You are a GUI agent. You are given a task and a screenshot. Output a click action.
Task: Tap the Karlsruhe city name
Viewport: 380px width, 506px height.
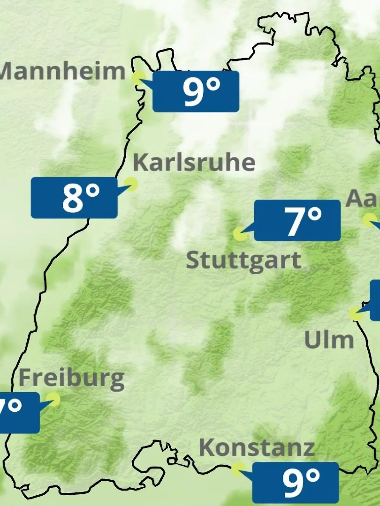194,163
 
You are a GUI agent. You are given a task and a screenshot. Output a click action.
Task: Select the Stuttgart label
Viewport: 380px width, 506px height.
243,261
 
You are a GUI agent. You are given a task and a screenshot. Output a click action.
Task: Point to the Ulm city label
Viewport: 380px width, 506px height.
329,340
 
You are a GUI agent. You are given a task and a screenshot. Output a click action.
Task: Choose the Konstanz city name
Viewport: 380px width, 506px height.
257,448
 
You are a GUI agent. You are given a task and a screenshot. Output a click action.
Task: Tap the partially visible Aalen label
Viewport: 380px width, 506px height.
363,199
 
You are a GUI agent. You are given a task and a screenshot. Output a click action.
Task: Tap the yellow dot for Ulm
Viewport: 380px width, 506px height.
356,313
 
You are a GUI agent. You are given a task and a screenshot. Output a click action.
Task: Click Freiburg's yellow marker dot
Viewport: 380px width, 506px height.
53,399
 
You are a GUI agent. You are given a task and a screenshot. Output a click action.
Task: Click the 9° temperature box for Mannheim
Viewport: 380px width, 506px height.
196,91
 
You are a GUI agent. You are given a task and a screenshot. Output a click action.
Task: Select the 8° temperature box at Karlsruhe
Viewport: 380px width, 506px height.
74,198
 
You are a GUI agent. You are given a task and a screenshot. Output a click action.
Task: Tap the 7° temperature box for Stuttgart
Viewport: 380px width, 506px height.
297,220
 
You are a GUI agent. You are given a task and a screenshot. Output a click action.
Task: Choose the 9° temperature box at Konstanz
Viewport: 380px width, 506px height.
295,482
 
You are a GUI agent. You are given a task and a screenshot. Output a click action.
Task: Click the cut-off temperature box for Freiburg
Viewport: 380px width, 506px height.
19,413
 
